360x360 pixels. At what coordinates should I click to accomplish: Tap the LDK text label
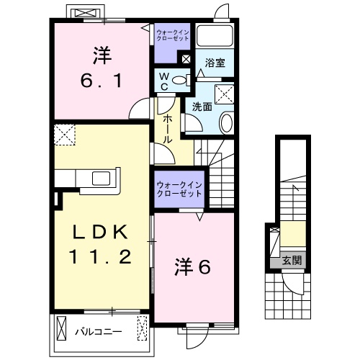coord(100,232)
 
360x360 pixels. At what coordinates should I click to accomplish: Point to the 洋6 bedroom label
coord(192,268)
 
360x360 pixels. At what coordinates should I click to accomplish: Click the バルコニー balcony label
coord(99,332)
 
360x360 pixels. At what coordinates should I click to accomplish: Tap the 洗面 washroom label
coord(202,107)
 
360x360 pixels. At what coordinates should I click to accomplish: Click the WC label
coord(164,80)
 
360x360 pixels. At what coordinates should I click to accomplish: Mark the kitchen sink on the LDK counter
coord(99,178)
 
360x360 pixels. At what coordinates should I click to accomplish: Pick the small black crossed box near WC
coord(186,60)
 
